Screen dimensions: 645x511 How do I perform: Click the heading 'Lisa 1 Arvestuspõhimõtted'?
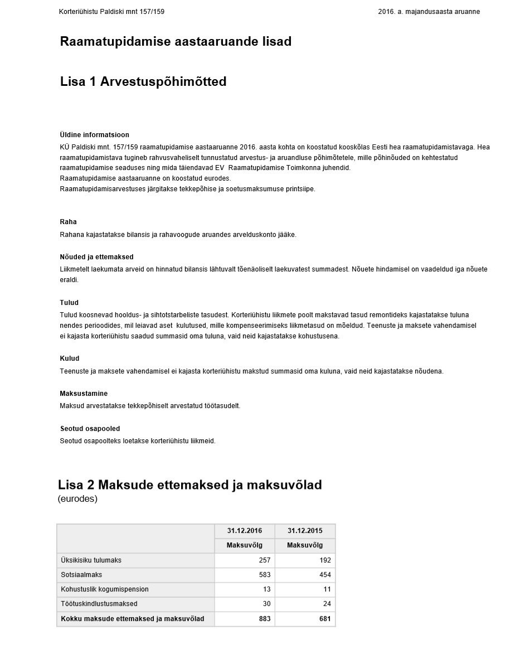click(143, 81)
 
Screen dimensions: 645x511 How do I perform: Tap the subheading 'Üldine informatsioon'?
click(94, 135)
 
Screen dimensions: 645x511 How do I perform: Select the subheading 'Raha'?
click(68, 222)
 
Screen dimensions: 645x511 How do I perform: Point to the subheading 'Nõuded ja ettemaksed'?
click(96, 257)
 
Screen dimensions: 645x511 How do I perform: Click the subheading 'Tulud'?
click(69, 303)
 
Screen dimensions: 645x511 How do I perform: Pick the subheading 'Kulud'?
click(70, 358)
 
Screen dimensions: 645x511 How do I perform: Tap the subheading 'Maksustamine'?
click(84, 394)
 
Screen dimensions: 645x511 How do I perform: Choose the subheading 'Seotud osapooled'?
click(90, 429)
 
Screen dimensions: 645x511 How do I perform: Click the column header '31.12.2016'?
click(244, 531)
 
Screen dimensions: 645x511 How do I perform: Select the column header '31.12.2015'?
click(304, 531)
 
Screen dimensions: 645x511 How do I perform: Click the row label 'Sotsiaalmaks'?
click(81, 575)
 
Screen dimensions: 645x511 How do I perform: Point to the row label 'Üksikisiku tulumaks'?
click(91, 560)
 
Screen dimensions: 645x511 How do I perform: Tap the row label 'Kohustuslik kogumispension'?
click(105, 589)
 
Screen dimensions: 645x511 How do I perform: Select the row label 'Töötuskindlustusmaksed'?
click(99, 604)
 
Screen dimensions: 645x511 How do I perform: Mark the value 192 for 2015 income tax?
click(325, 560)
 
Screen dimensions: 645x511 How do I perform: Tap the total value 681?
click(325, 619)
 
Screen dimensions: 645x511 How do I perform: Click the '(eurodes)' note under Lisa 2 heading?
click(77, 499)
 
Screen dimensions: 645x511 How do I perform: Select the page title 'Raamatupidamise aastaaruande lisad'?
click(176, 41)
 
